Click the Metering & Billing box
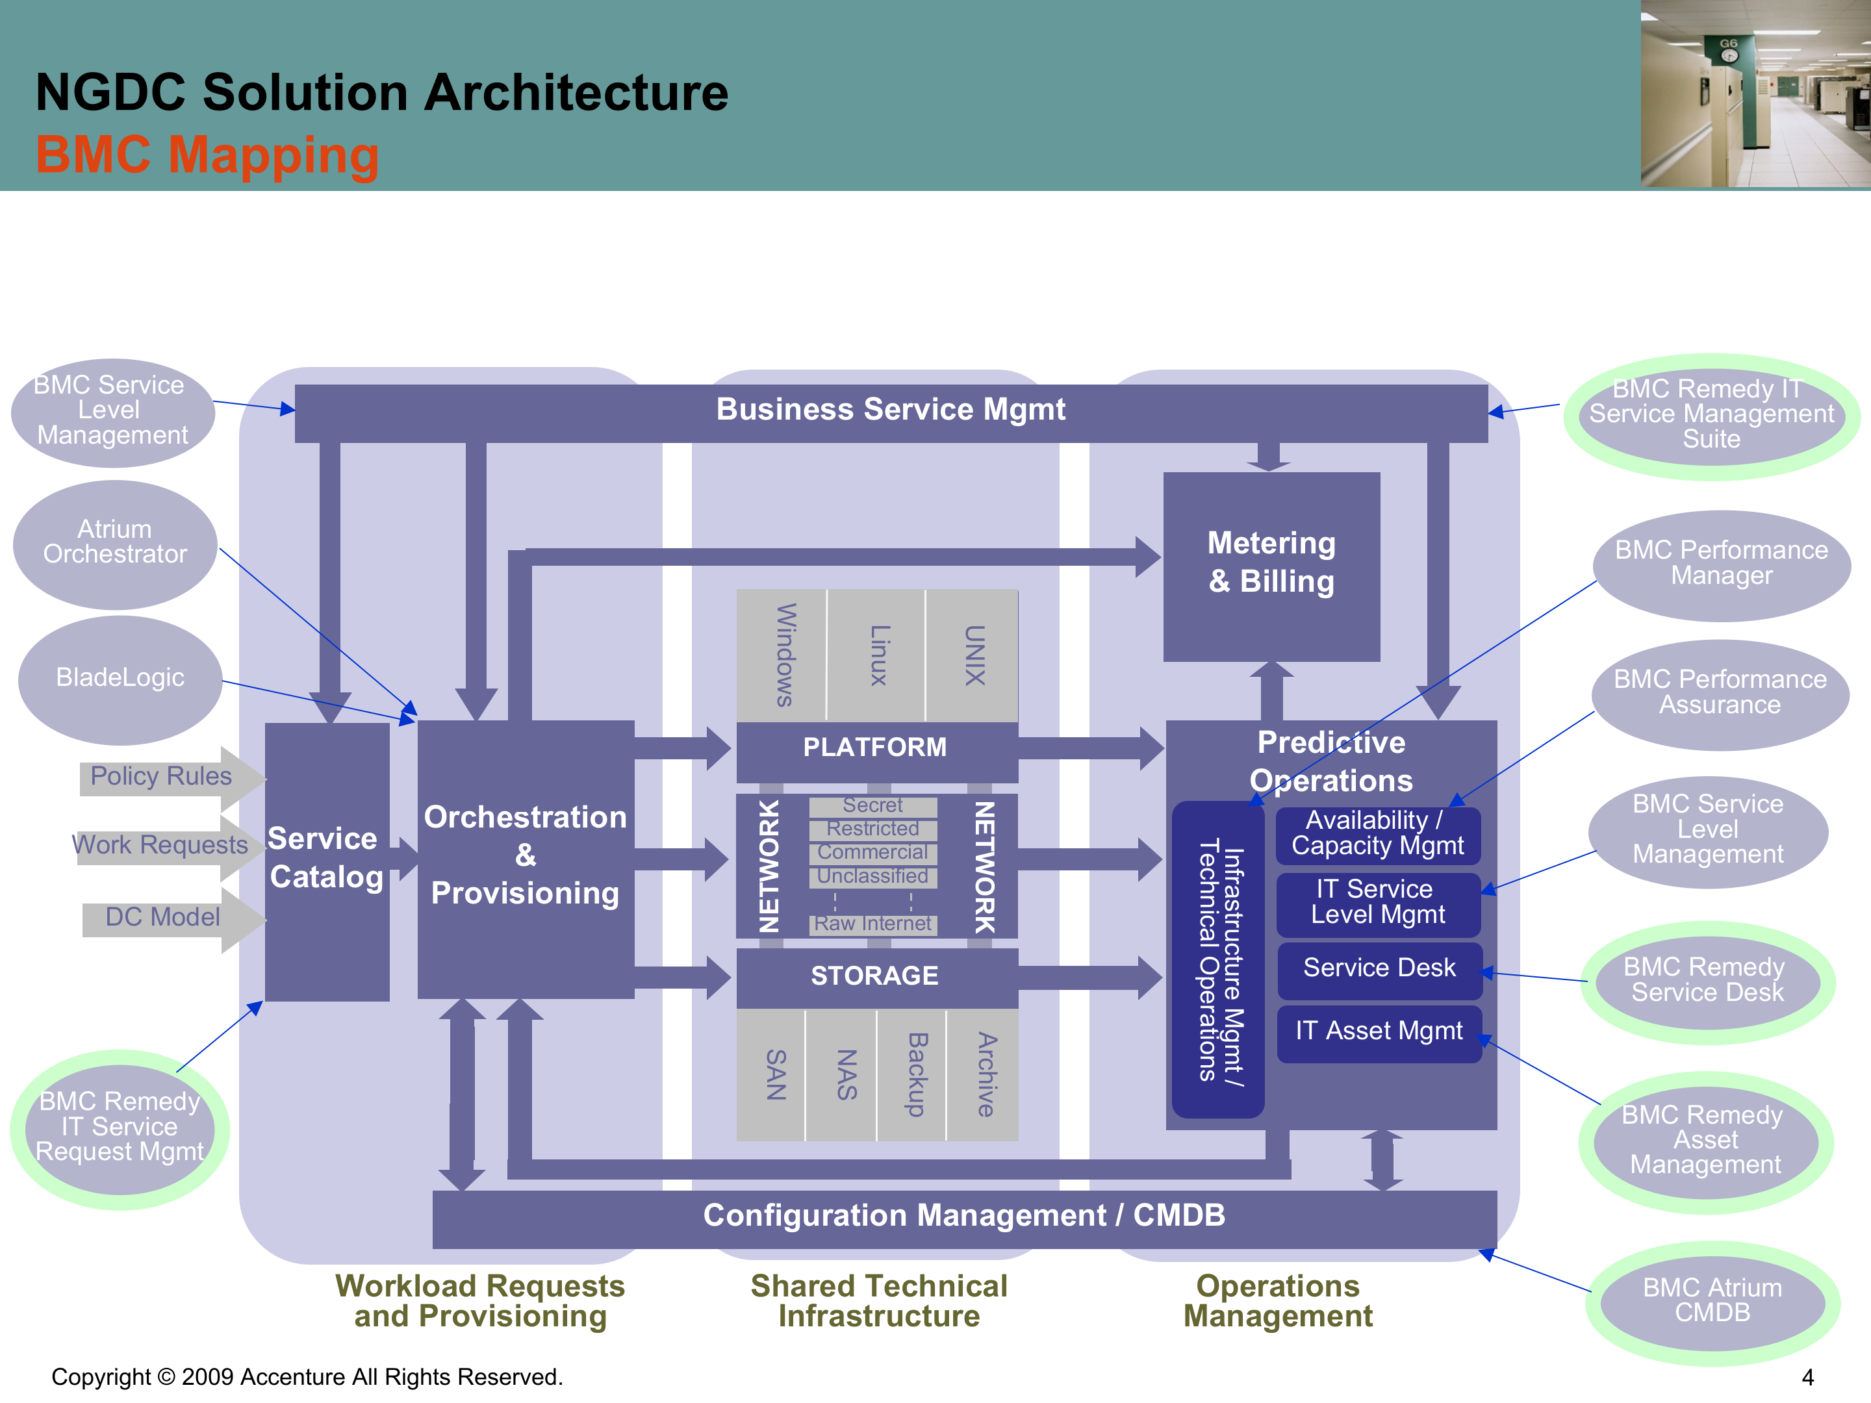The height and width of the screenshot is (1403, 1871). (x=1271, y=566)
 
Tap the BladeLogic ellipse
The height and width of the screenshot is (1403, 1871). (x=120, y=678)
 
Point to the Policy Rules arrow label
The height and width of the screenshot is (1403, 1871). (x=160, y=776)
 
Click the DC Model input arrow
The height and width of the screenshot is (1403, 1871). (x=162, y=918)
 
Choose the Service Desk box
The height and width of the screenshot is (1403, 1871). (x=1379, y=968)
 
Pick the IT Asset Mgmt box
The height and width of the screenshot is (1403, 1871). (x=1379, y=1031)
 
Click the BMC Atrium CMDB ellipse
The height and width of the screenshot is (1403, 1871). (x=1712, y=1300)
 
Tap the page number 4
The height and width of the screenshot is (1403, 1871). (x=1807, y=1378)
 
